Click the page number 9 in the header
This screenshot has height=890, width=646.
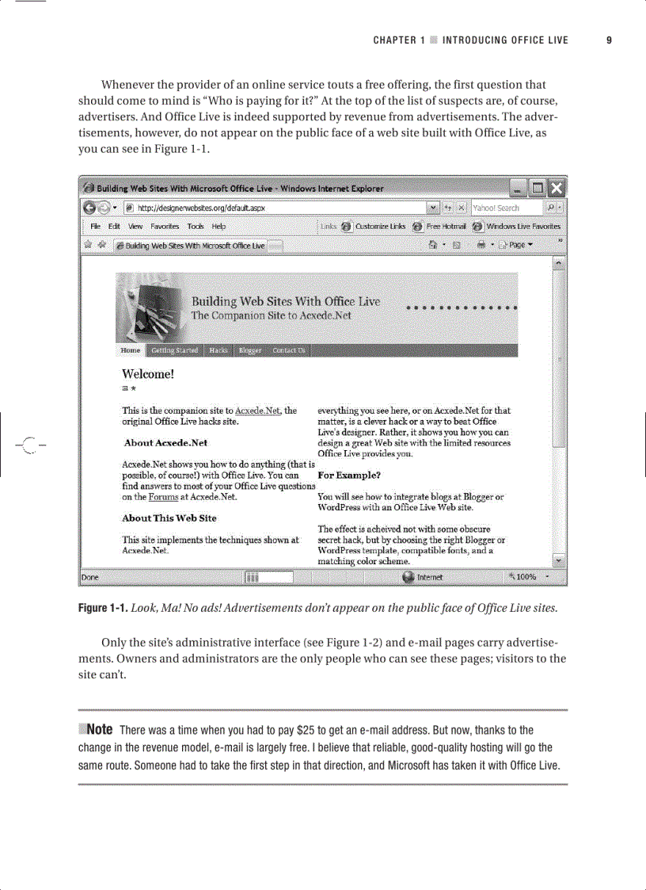tap(609, 40)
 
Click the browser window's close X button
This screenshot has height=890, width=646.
tap(557, 189)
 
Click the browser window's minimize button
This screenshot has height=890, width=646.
tap(519, 189)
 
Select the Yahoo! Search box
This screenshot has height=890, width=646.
tap(507, 208)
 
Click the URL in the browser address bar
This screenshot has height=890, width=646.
tap(202, 208)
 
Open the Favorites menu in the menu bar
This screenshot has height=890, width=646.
tap(165, 226)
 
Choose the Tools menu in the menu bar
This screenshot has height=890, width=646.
tap(196, 226)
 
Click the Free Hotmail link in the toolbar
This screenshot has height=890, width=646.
tap(445, 226)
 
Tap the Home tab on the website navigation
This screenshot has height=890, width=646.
tap(130, 350)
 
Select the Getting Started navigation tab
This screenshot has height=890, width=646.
tap(175, 350)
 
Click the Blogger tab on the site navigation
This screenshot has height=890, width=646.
tap(249, 350)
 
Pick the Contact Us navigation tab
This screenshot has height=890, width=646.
tap(288, 350)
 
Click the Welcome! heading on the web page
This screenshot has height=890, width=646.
tap(148, 374)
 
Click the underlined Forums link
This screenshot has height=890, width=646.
tap(163, 498)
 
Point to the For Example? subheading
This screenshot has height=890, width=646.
tap(349, 476)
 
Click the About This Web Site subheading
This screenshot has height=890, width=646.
tap(169, 518)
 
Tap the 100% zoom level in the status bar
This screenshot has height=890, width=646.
tap(526, 577)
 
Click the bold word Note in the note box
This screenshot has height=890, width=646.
tap(99, 730)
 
